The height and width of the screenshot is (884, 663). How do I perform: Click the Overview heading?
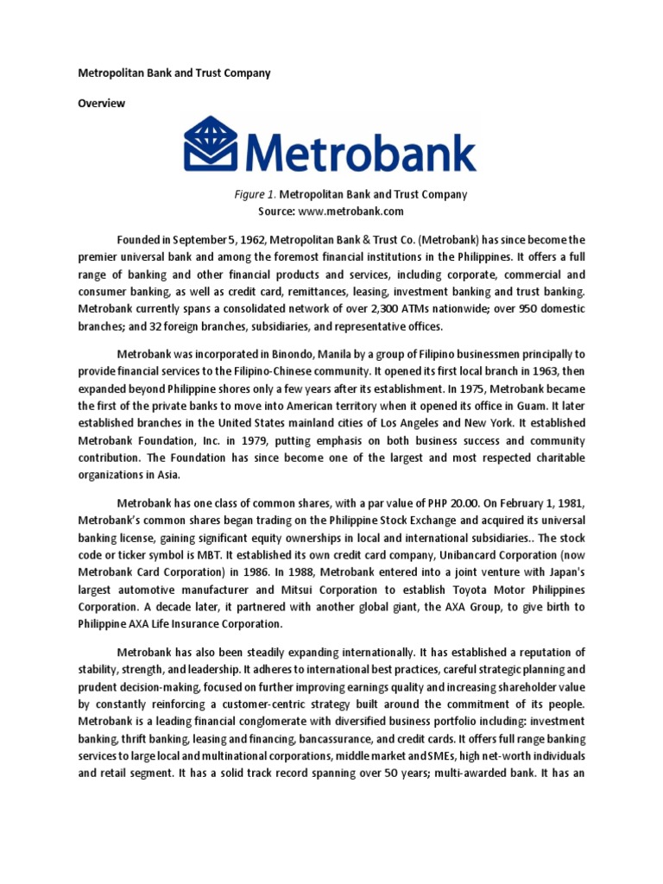pyautogui.click(x=101, y=104)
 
